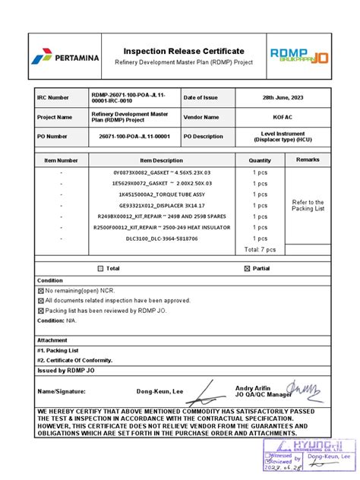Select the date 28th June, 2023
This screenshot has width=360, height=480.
283,98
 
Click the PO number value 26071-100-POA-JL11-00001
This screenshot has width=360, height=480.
134,137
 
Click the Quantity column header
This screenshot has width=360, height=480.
260,160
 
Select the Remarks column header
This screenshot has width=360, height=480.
308,159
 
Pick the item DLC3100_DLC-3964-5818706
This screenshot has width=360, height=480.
156,238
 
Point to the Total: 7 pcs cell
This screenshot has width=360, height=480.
260,249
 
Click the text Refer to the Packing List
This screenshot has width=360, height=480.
308,205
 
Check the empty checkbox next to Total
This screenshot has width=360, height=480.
100,268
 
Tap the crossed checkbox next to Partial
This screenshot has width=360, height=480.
247,268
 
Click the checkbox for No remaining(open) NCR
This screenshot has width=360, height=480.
41,291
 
